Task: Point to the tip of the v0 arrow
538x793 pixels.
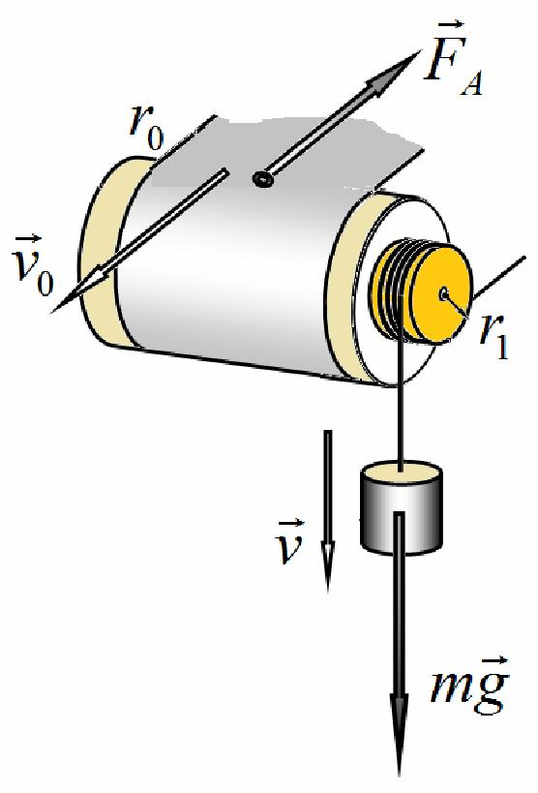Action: pos(51,312)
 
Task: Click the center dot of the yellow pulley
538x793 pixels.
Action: pos(443,293)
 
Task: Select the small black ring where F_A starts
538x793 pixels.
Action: pos(262,178)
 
